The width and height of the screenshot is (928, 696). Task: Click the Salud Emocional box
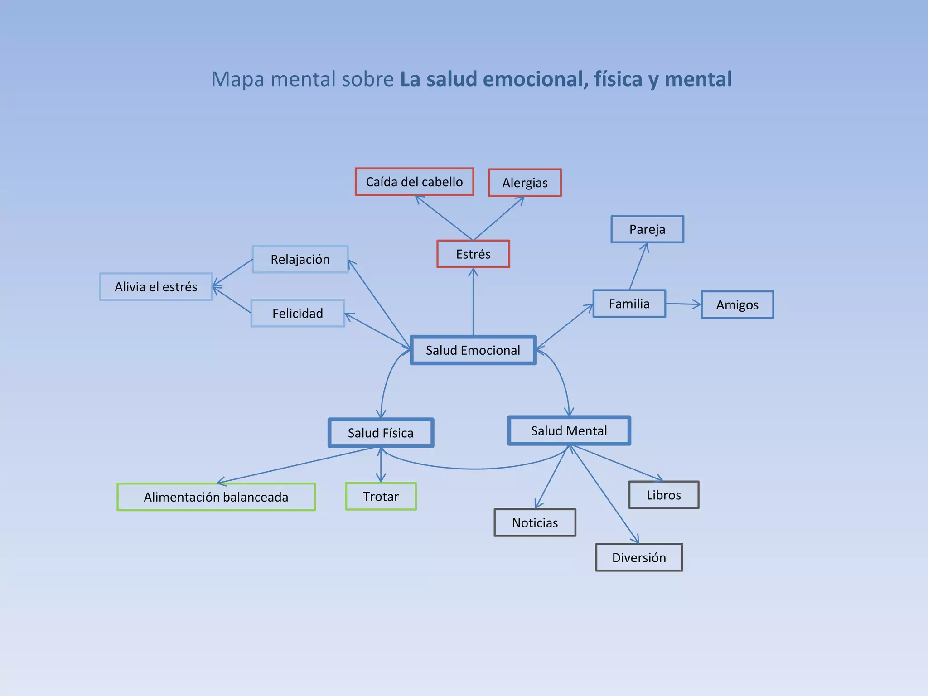[x=473, y=350]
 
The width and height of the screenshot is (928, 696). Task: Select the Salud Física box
[x=381, y=433]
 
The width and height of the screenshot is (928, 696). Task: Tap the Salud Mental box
[x=569, y=430]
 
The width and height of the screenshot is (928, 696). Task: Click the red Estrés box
[x=473, y=254]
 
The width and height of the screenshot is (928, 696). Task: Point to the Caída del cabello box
[x=414, y=182]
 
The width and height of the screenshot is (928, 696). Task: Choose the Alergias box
[x=525, y=183]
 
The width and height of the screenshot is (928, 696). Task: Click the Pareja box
[x=647, y=229]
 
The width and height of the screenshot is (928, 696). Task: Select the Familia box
[x=629, y=304]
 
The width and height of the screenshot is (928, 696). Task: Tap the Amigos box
[x=737, y=305]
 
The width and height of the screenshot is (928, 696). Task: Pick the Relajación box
[x=300, y=259]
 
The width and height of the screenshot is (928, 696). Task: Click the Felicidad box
[x=298, y=313]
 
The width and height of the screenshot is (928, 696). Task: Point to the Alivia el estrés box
[x=156, y=287]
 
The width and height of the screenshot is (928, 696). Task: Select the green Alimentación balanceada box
[x=216, y=497]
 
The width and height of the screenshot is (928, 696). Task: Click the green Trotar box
[x=381, y=497]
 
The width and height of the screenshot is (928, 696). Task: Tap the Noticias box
[x=535, y=523]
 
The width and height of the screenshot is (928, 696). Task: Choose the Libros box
[x=664, y=495]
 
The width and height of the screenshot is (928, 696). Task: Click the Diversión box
[x=639, y=557]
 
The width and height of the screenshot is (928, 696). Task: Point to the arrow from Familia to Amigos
[x=683, y=304]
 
